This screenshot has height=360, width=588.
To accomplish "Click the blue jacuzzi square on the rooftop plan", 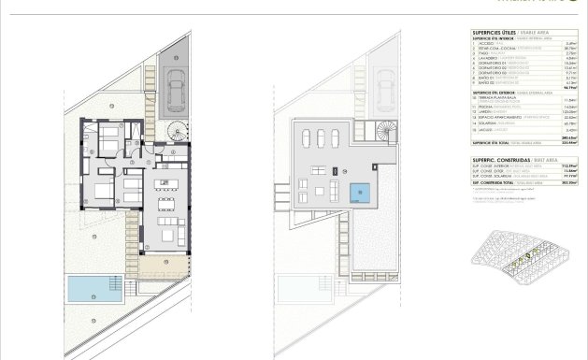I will pyautogui.click(x=358, y=194).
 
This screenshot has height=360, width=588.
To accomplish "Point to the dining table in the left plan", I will pyautogui.click(x=166, y=206).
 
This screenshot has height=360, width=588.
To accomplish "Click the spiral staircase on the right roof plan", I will pyautogui.click(x=385, y=131).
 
